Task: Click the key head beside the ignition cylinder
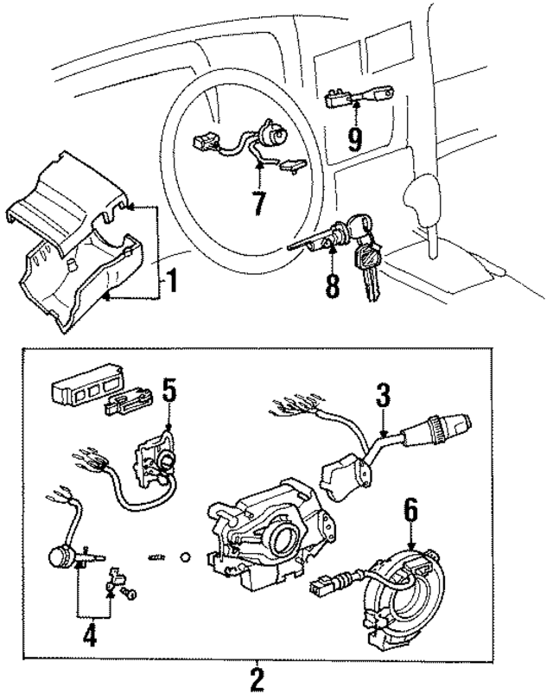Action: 370,256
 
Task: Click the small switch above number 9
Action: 353,94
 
